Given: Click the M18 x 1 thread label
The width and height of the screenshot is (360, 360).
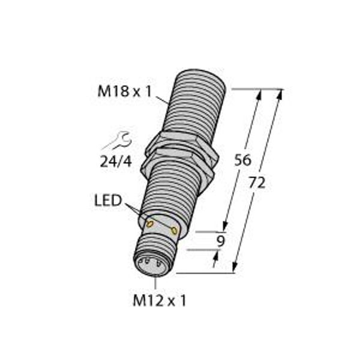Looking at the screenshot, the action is tap(125, 91).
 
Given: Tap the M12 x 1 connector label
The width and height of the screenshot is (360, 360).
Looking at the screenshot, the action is tap(160, 301).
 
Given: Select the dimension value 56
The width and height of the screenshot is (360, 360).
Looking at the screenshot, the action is tap(242, 160).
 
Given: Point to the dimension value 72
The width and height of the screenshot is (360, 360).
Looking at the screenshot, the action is tap(257, 183).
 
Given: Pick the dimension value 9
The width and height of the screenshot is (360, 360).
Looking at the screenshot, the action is tap(221, 241).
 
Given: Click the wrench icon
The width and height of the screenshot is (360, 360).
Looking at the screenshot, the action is tap(117, 140).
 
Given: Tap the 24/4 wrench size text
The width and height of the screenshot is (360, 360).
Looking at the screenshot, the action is tap(116, 161).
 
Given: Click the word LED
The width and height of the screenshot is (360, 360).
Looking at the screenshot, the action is tap(108, 200).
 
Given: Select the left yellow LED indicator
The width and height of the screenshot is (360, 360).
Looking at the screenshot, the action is tap(150, 224).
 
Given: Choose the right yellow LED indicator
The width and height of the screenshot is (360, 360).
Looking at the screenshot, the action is tap(175, 230).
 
